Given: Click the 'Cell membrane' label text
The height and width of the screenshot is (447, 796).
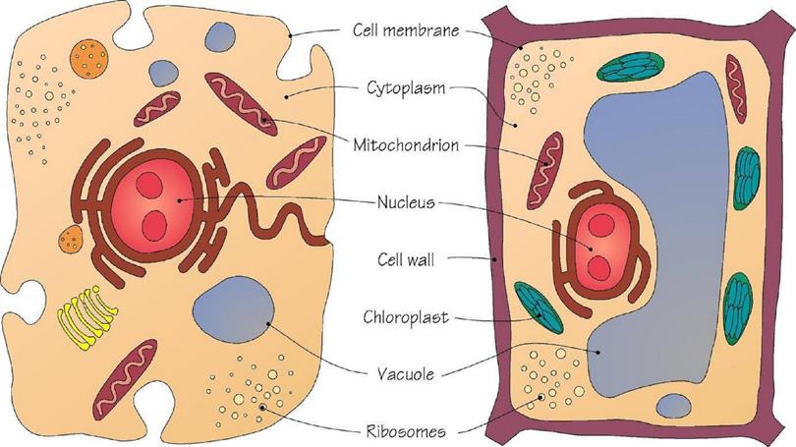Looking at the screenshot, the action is click(406, 29).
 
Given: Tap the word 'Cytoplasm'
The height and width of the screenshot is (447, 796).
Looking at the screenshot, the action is click(406, 88).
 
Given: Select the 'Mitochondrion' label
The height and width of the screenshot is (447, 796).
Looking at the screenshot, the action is click(406, 145).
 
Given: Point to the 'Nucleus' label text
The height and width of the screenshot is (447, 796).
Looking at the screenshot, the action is click(406, 202).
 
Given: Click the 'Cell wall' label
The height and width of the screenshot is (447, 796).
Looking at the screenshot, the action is click(406, 259).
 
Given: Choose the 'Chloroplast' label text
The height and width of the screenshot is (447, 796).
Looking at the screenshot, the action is click(406, 317).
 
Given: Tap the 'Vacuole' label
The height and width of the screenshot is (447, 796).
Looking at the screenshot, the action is click(406, 374).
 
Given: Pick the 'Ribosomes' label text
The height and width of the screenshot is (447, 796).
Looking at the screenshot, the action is click(406, 432).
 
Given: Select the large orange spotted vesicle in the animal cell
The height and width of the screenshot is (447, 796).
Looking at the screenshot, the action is click(88, 59).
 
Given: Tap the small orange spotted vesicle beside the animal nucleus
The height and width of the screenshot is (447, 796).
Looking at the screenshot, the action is click(71, 239).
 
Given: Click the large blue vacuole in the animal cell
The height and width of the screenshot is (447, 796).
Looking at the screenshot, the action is click(234, 309).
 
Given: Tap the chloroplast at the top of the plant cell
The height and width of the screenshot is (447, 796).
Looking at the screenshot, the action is click(630, 67).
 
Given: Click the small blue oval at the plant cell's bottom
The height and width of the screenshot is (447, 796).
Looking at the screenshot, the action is click(674, 406).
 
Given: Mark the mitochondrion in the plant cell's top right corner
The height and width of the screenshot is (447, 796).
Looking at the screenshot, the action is click(736, 89).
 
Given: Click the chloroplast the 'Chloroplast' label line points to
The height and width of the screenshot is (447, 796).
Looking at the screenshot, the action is click(539, 307).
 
